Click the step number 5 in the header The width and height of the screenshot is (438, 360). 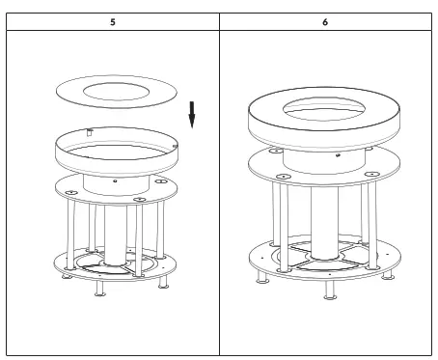112,20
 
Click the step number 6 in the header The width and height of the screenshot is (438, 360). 324,20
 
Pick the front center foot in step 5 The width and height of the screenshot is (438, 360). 99,290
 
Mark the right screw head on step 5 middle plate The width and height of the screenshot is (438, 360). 140,199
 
